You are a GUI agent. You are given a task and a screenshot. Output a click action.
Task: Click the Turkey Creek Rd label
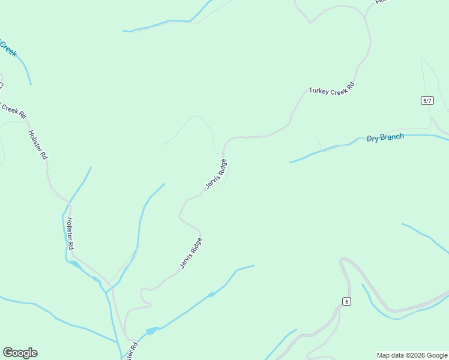pyautogui.click(x=331, y=88)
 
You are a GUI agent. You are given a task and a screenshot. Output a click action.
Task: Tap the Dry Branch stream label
pyautogui.click(x=385, y=137)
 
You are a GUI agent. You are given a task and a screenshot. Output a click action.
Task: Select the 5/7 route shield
pyautogui.click(x=427, y=100)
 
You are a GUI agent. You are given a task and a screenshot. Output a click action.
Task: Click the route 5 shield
pyautogui.click(x=346, y=301)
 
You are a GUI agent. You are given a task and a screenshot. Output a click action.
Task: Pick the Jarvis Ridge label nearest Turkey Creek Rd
pyautogui.click(x=217, y=174)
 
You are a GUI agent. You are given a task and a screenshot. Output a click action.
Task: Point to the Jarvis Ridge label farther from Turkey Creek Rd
pyautogui.click(x=191, y=253)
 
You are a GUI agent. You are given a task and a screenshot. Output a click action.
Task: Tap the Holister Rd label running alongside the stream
pyautogui.click(x=70, y=233)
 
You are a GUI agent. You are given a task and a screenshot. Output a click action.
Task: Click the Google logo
pyautogui.click(x=20, y=353)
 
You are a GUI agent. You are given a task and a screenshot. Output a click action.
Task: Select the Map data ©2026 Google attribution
pyautogui.click(x=412, y=355)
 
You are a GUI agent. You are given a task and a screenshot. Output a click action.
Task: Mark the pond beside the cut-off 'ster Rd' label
pyautogui.click(x=151, y=331)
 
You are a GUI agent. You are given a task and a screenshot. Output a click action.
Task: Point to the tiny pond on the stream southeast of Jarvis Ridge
pyautogui.click(x=210, y=295)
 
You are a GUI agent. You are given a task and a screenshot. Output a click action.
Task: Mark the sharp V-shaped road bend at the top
pyautogui.click(x=310, y=22)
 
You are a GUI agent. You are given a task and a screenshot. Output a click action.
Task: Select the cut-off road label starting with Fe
pyautogui.click(x=381, y=2)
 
